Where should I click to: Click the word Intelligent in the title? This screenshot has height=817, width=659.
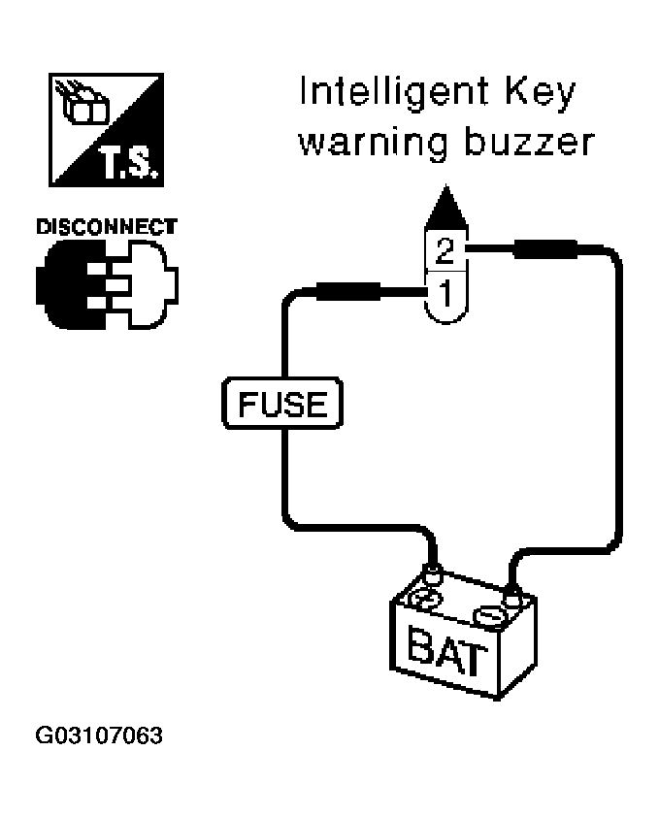[x=394, y=93]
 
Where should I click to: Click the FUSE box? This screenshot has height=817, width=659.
[x=282, y=404]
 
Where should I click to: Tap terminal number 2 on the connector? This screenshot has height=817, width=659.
[x=445, y=250]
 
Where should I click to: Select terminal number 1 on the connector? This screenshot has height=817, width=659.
[x=445, y=293]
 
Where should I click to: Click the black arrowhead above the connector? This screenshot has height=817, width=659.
[x=446, y=206]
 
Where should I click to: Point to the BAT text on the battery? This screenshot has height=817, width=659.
[x=447, y=651]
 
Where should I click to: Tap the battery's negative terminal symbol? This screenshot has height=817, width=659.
[x=489, y=617]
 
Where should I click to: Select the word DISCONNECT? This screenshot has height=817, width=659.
[x=107, y=227]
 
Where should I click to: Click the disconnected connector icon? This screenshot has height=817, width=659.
[x=107, y=284]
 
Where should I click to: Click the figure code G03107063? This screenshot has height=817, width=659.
[x=99, y=735]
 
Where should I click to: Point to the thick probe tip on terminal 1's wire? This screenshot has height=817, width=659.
[x=348, y=291]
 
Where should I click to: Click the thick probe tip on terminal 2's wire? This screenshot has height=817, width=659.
[x=545, y=249]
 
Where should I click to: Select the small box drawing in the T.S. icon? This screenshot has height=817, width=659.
[x=84, y=104]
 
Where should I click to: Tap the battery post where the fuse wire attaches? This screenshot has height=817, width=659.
[x=433, y=575]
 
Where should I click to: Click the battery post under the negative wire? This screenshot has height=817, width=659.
[x=512, y=597]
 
